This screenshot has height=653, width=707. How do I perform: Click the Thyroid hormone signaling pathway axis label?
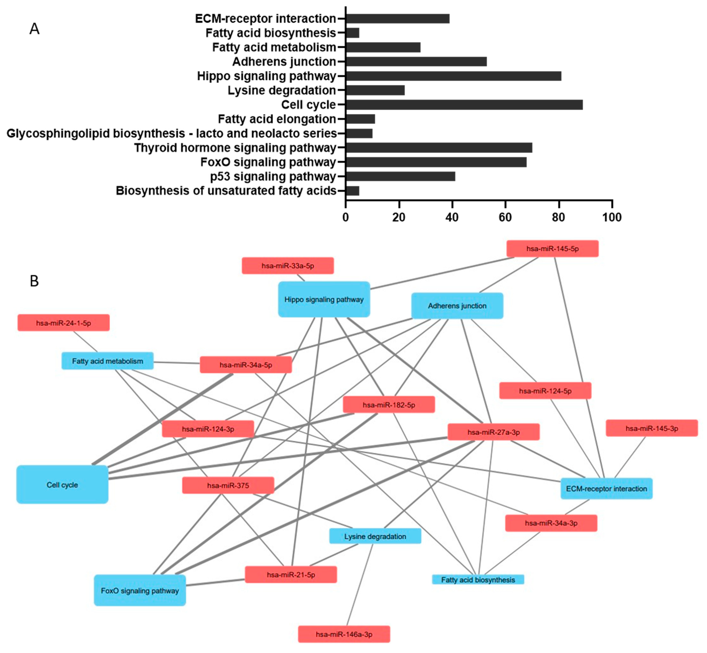click(x=235, y=148)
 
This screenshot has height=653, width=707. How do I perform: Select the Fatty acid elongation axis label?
click(x=277, y=119)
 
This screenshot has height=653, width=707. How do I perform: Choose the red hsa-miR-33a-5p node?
click(x=288, y=266)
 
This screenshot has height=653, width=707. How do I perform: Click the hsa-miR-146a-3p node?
click(x=344, y=634)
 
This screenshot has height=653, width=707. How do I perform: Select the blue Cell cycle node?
click(x=62, y=484)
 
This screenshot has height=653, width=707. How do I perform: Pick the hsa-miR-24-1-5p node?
click(x=64, y=323)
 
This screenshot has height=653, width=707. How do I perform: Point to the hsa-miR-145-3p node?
click(x=652, y=428)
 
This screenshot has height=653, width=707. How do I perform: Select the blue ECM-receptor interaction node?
click(x=606, y=489)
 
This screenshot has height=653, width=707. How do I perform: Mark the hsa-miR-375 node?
click(x=228, y=485)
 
